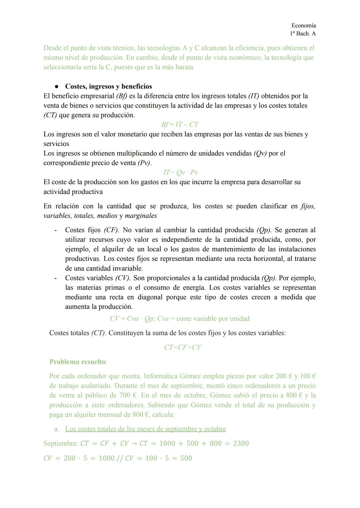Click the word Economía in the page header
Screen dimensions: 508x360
click(303, 26)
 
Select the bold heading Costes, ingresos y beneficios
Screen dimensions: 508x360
click(108, 87)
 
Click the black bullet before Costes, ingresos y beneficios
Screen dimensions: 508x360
click(57, 87)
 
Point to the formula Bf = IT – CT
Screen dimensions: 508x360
click(180, 125)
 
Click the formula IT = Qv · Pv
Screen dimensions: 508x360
click(180, 173)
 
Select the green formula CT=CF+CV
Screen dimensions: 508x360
click(183, 347)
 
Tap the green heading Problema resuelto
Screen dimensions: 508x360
click(78, 362)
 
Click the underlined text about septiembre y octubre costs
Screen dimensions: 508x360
click(145, 429)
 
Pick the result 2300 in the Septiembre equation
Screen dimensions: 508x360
click(241, 443)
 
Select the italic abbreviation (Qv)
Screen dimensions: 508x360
click(260, 154)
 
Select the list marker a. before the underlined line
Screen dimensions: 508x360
click(57, 429)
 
